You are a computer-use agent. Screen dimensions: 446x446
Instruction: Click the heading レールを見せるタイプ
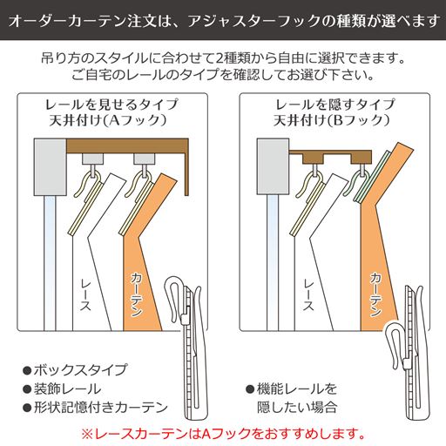pos(111,104)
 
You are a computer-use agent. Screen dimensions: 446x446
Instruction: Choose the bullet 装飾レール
pos(61,389)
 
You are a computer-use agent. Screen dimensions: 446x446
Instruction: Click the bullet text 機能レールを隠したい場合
pos(294,397)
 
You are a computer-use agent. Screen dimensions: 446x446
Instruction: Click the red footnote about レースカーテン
pos(223,432)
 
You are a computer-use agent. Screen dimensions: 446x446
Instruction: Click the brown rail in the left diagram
pos(131,145)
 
